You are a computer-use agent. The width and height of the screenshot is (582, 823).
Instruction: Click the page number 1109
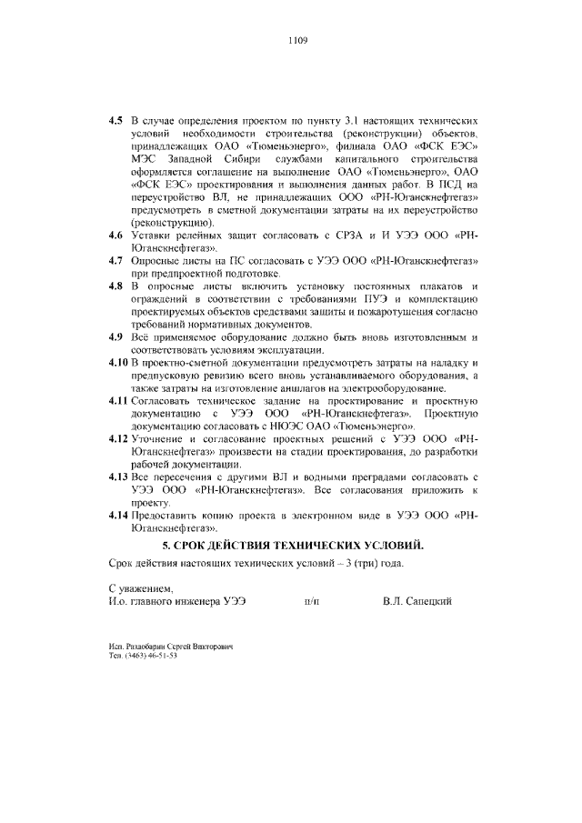pos(297,40)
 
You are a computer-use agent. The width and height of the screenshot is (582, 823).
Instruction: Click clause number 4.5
pos(115,120)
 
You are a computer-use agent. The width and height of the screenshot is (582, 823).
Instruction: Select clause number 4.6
pos(115,236)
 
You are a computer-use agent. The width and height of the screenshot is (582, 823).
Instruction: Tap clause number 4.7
pos(115,261)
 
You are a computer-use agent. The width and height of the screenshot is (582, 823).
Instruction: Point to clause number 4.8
pos(115,286)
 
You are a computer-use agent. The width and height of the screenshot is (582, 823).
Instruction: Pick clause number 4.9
pos(115,337)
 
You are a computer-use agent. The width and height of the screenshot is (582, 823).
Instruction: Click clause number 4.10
pos(118,363)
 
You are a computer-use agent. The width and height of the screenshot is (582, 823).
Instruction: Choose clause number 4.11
pos(118,401)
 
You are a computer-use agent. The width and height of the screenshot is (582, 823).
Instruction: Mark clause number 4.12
pos(118,439)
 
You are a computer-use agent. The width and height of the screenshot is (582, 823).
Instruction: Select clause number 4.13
pos(118,477)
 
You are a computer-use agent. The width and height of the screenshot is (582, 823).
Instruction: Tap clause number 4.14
pos(118,516)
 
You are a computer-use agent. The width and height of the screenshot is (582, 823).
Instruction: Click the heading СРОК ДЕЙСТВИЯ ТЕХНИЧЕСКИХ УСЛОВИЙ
pos(293,545)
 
